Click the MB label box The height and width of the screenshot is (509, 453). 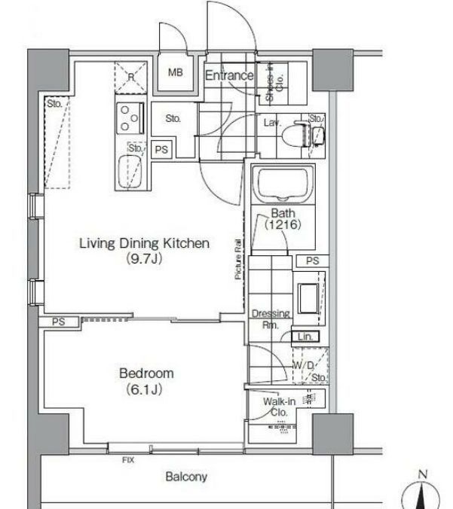click(x=175, y=74)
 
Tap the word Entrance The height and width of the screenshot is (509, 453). click(x=229, y=75)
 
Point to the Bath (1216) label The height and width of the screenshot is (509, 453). click(x=283, y=218)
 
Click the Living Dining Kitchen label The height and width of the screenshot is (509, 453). click(x=144, y=251)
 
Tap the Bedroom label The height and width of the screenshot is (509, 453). click(x=146, y=380)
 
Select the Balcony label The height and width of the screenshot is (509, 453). click(x=186, y=477)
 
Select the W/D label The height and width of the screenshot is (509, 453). click(x=303, y=365)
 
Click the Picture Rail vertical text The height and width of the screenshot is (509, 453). click(x=237, y=261)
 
